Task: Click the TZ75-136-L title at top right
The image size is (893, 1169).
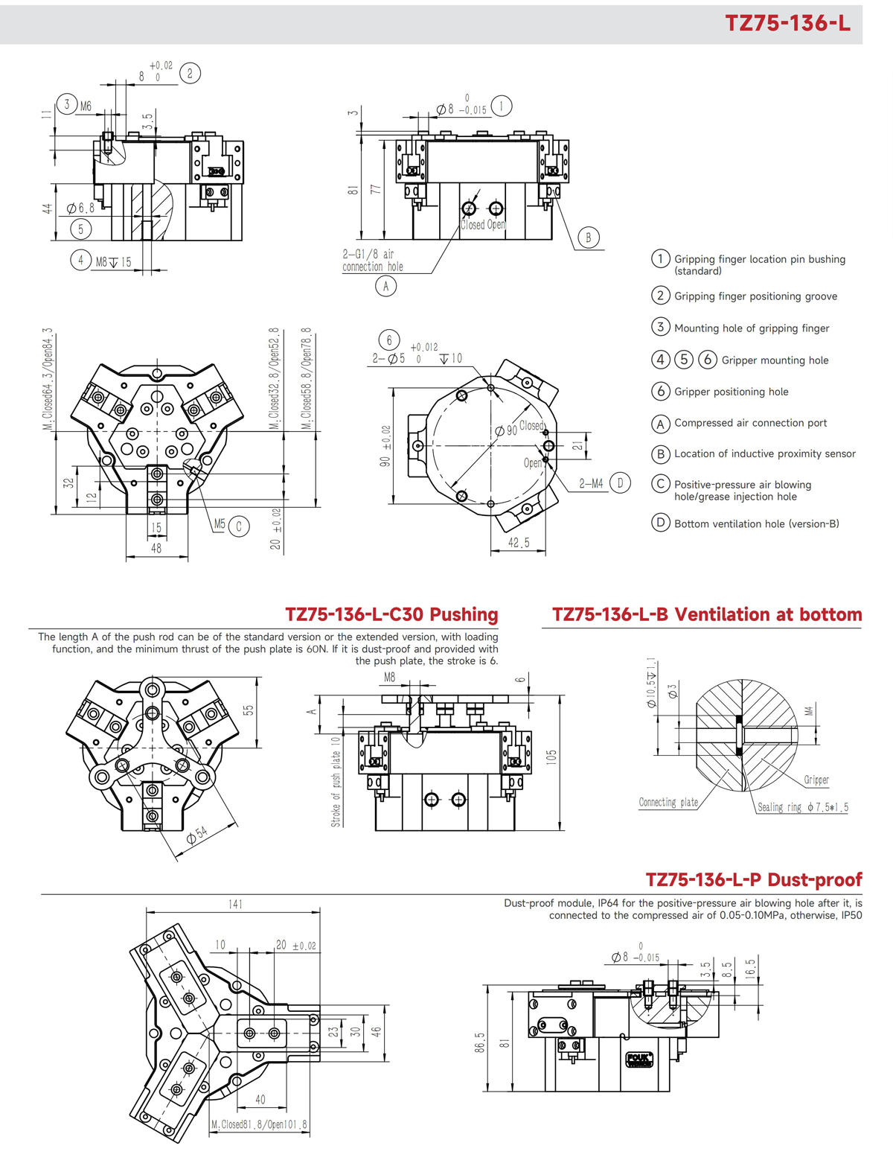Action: pyautogui.click(x=787, y=23)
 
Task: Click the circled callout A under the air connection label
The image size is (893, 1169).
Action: pyautogui.click(x=385, y=286)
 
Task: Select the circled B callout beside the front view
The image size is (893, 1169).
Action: pyautogui.click(x=588, y=238)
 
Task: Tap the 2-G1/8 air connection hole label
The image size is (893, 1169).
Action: pyautogui.click(x=372, y=261)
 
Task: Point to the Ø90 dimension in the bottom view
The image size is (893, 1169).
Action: pyautogui.click(x=507, y=430)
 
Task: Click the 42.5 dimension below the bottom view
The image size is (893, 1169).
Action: pyautogui.click(x=519, y=543)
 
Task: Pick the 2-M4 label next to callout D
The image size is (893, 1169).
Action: pyautogui.click(x=591, y=483)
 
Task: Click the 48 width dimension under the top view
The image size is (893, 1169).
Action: pyautogui.click(x=156, y=548)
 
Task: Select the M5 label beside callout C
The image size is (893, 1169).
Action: pyautogui.click(x=220, y=524)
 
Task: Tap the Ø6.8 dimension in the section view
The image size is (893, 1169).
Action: pyautogui.click(x=80, y=208)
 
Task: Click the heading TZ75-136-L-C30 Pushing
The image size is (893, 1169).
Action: pyautogui.click(x=391, y=614)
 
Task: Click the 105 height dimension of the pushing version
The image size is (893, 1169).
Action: pyautogui.click(x=551, y=758)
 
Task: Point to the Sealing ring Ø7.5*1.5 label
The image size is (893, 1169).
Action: pyautogui.click(x=802, y=807)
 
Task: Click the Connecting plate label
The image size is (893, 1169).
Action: pyautogui.click(x=668, y=802)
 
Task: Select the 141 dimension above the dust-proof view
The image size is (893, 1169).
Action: pyautogui.click(x=235, y=904)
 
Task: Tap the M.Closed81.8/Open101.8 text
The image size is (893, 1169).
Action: pyautogui.click(x=259, y=1124)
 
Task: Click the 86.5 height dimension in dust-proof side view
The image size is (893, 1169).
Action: pyautogui.click(x=480, y=1042)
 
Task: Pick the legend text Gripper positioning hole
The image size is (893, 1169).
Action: pyautogui.click(x=731, y=392)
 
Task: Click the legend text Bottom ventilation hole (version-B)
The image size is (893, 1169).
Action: pyautogui.click(x=756, y=523)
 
